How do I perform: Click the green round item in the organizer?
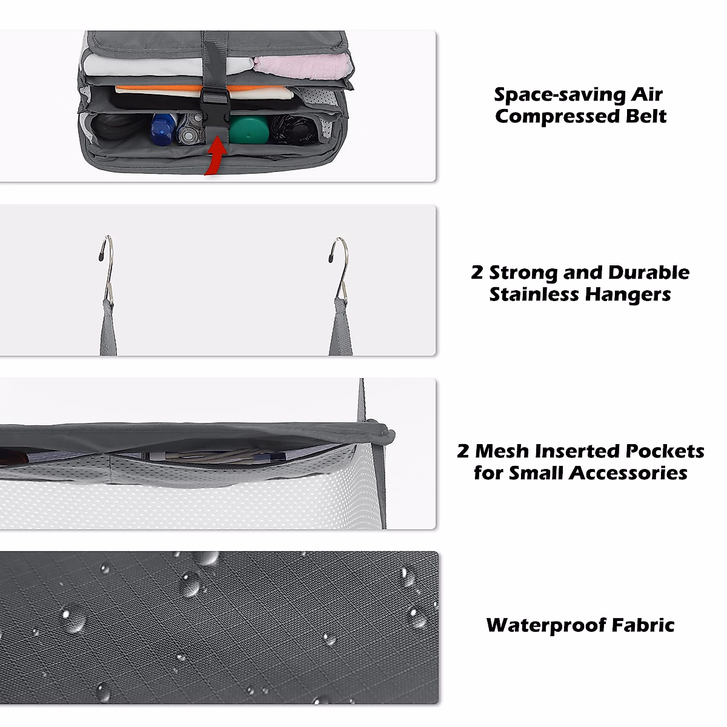(248, 129)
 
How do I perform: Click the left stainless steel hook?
(107, 267)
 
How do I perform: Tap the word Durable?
(648, 273)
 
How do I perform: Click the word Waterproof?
(545, 625)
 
